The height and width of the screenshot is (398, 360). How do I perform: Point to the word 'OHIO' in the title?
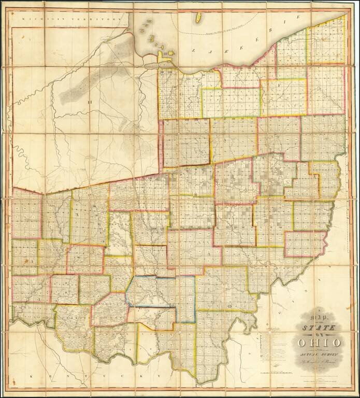click(x=319, y=343)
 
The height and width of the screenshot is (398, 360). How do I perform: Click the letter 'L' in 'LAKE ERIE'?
click(x=192, y=51)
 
